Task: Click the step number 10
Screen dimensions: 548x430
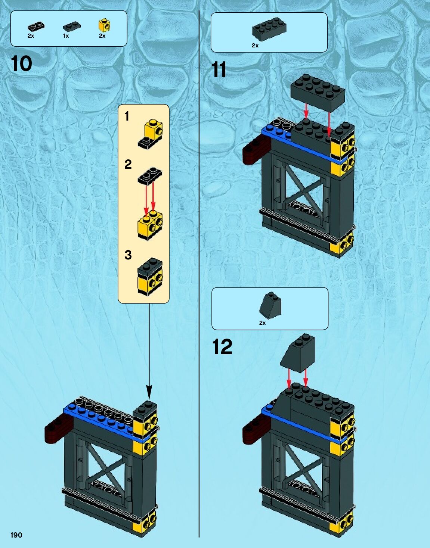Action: click(22, 64)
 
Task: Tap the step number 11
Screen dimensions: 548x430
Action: click(219, 70)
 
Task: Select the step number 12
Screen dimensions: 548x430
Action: click(222, 347)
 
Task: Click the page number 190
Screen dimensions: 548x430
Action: click(16, 535)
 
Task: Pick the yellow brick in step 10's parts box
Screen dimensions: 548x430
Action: click(104, 25)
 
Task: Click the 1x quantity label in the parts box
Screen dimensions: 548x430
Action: click(66, 36)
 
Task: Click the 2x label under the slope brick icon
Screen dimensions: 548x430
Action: click(262, 323)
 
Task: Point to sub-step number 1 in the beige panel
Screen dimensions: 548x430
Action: click(127, 116)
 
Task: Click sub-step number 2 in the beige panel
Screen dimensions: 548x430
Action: click(128, 164)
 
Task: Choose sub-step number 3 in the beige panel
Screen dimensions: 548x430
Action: click(128, 255)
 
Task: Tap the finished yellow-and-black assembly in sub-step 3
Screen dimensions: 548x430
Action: click(151, 276)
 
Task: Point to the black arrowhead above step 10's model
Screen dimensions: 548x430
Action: click(149, 392)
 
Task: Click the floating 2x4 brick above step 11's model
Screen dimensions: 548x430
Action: click(318, 91)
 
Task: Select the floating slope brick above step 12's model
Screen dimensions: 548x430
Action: click(298, 353)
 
